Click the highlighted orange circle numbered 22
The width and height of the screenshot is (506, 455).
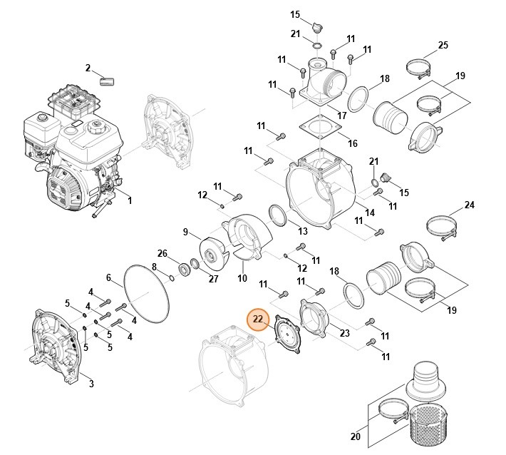(x=257, y=319)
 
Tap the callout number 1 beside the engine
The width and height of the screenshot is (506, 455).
(x=130, y=200)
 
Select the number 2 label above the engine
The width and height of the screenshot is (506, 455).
(x=88, y=68)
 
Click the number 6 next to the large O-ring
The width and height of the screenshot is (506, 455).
(x=109, y=277)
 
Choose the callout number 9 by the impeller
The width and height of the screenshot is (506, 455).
(x=186, y=232)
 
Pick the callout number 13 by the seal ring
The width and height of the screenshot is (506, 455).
(x=303, y=231)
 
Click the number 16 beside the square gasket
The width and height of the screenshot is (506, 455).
(x=352, y=143)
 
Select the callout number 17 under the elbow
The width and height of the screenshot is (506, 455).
(x=341, y=115)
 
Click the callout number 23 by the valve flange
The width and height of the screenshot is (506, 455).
(x=344, y=332)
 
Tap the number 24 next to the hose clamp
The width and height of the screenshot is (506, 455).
(x=469, y=205)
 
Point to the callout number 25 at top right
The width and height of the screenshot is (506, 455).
(x=443, y=46)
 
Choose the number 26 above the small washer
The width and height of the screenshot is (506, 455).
(x=162, y=253)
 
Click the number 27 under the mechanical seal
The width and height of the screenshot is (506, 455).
(x=213, y=280)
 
